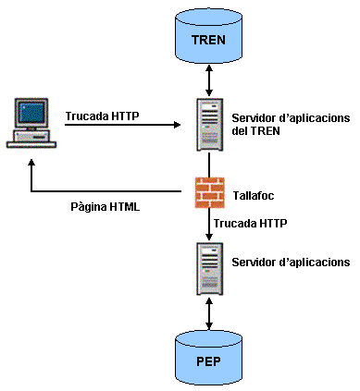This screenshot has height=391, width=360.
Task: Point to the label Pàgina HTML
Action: click(105, 207)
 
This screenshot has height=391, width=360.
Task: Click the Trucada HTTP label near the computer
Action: click(101, 117)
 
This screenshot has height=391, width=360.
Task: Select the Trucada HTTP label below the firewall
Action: click(250, 224)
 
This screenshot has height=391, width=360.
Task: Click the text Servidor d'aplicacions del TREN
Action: click(287, 124)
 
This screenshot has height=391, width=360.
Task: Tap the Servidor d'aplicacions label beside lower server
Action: click(290, 263)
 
